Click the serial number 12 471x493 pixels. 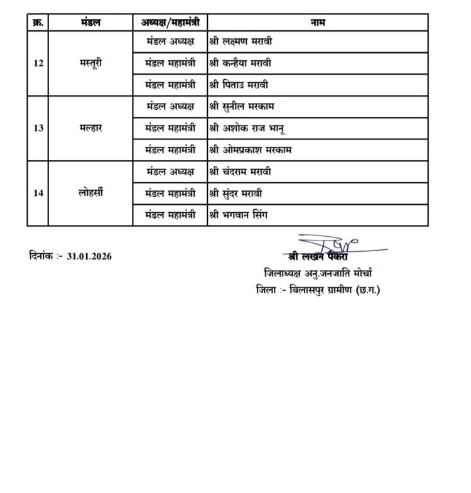(38, 63)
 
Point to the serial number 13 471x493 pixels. (38, 127)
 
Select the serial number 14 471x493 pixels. (38, 193)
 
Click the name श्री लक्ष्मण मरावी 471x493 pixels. (241, 42)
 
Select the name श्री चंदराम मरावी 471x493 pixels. (242, 171)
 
